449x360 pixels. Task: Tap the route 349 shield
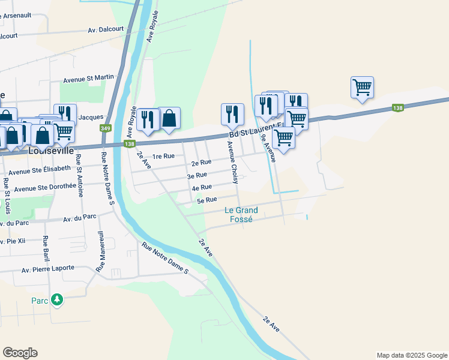[106, 128]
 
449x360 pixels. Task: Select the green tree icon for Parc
[56, 299]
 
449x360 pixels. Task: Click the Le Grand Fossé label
[241, 214]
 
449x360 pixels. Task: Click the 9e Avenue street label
[268, 148]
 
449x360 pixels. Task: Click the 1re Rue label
[163, 156]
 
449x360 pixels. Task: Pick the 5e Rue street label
[206, 200]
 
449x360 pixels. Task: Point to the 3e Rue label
[197, 175]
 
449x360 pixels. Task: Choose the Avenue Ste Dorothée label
[46, 187]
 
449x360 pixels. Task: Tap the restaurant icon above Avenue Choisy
[232, 114]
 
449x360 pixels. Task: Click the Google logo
[20, 353]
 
